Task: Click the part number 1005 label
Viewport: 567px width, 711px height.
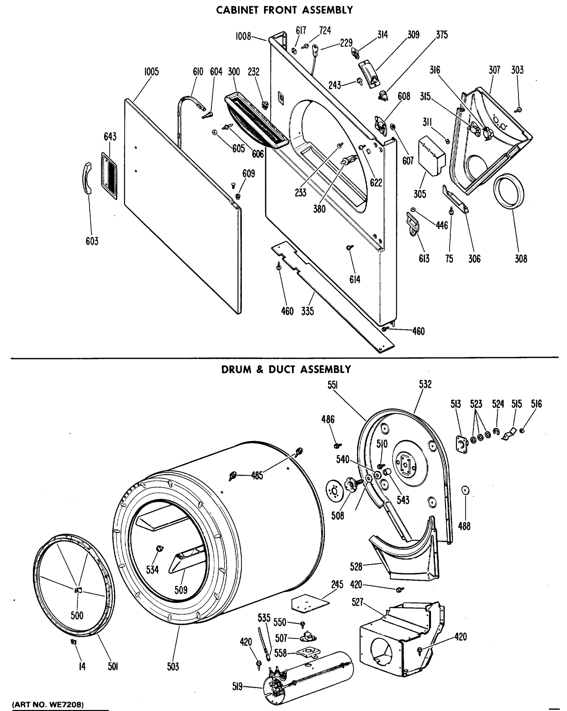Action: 151,72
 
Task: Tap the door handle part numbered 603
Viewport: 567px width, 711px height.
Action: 87,178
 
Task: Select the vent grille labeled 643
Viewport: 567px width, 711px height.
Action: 109,176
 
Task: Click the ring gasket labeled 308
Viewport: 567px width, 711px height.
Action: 509,191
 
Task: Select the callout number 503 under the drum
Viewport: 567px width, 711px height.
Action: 173,667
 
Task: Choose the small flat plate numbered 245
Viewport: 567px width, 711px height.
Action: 310,603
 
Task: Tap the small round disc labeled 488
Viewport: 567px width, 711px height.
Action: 465,490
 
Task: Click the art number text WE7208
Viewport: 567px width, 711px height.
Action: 66,704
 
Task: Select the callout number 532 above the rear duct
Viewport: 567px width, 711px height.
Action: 425,384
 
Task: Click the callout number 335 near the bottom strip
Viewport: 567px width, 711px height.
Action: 307,311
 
